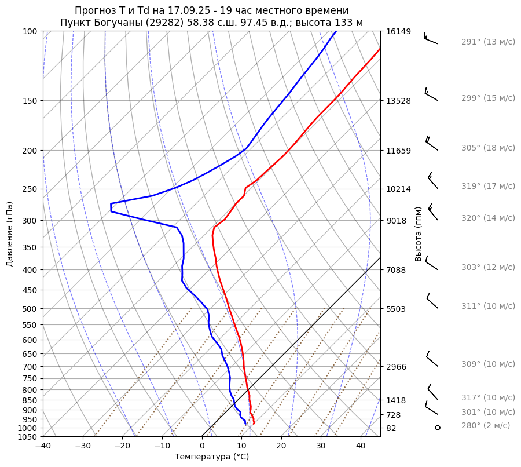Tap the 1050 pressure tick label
(28, 437)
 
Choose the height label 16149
(398, 31)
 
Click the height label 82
(392, 428)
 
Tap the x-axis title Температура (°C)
(211, 457)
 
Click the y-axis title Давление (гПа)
(10, 234)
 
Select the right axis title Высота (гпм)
(418, 233)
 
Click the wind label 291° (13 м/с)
(488, 42)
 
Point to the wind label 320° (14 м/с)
(488, 218)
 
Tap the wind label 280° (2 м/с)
(486, 426)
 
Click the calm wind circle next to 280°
(438, 428)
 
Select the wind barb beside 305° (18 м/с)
(432, 144)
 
